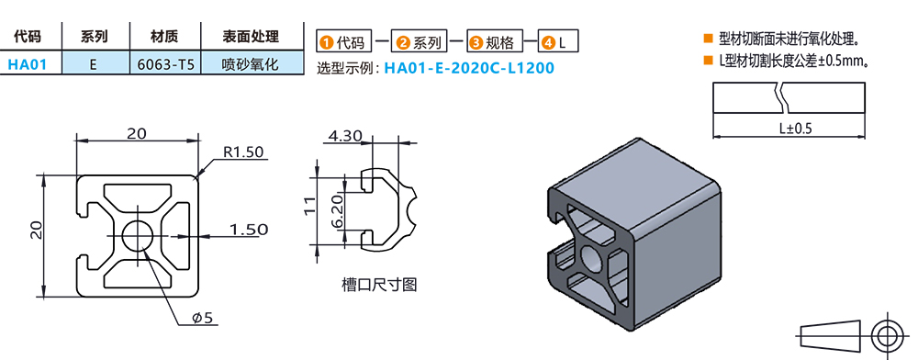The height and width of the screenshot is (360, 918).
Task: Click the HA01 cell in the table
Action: [33, 65]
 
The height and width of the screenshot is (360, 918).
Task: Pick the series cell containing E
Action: [94, 65]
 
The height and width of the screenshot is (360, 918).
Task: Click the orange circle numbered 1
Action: [325, 42]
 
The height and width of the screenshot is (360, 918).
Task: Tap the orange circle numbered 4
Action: [547, 42]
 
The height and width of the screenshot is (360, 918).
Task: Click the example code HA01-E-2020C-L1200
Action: [469, 68]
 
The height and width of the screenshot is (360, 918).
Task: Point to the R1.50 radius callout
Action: [242, 152]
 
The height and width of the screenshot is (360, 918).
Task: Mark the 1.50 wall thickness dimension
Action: [247, 229]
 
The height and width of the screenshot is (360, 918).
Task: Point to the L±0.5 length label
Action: [795, 129]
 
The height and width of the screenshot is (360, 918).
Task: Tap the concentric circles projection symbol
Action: [887, 334]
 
